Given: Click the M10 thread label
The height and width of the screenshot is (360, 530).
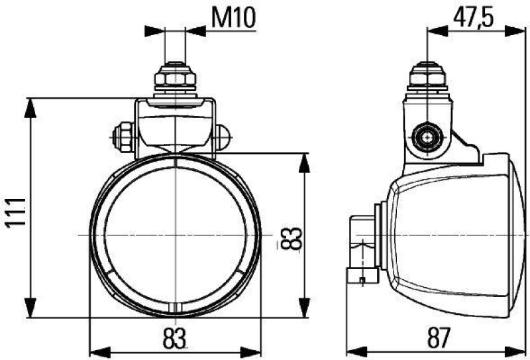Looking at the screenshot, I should click(x=233, y=19).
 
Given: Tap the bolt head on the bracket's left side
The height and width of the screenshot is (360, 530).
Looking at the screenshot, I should click(x=123, y=138).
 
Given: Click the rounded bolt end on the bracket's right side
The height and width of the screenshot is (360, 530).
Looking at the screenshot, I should click(x=223, y=137).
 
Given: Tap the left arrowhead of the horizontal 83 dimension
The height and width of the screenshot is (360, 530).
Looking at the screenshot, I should click(x=96, y=349).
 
